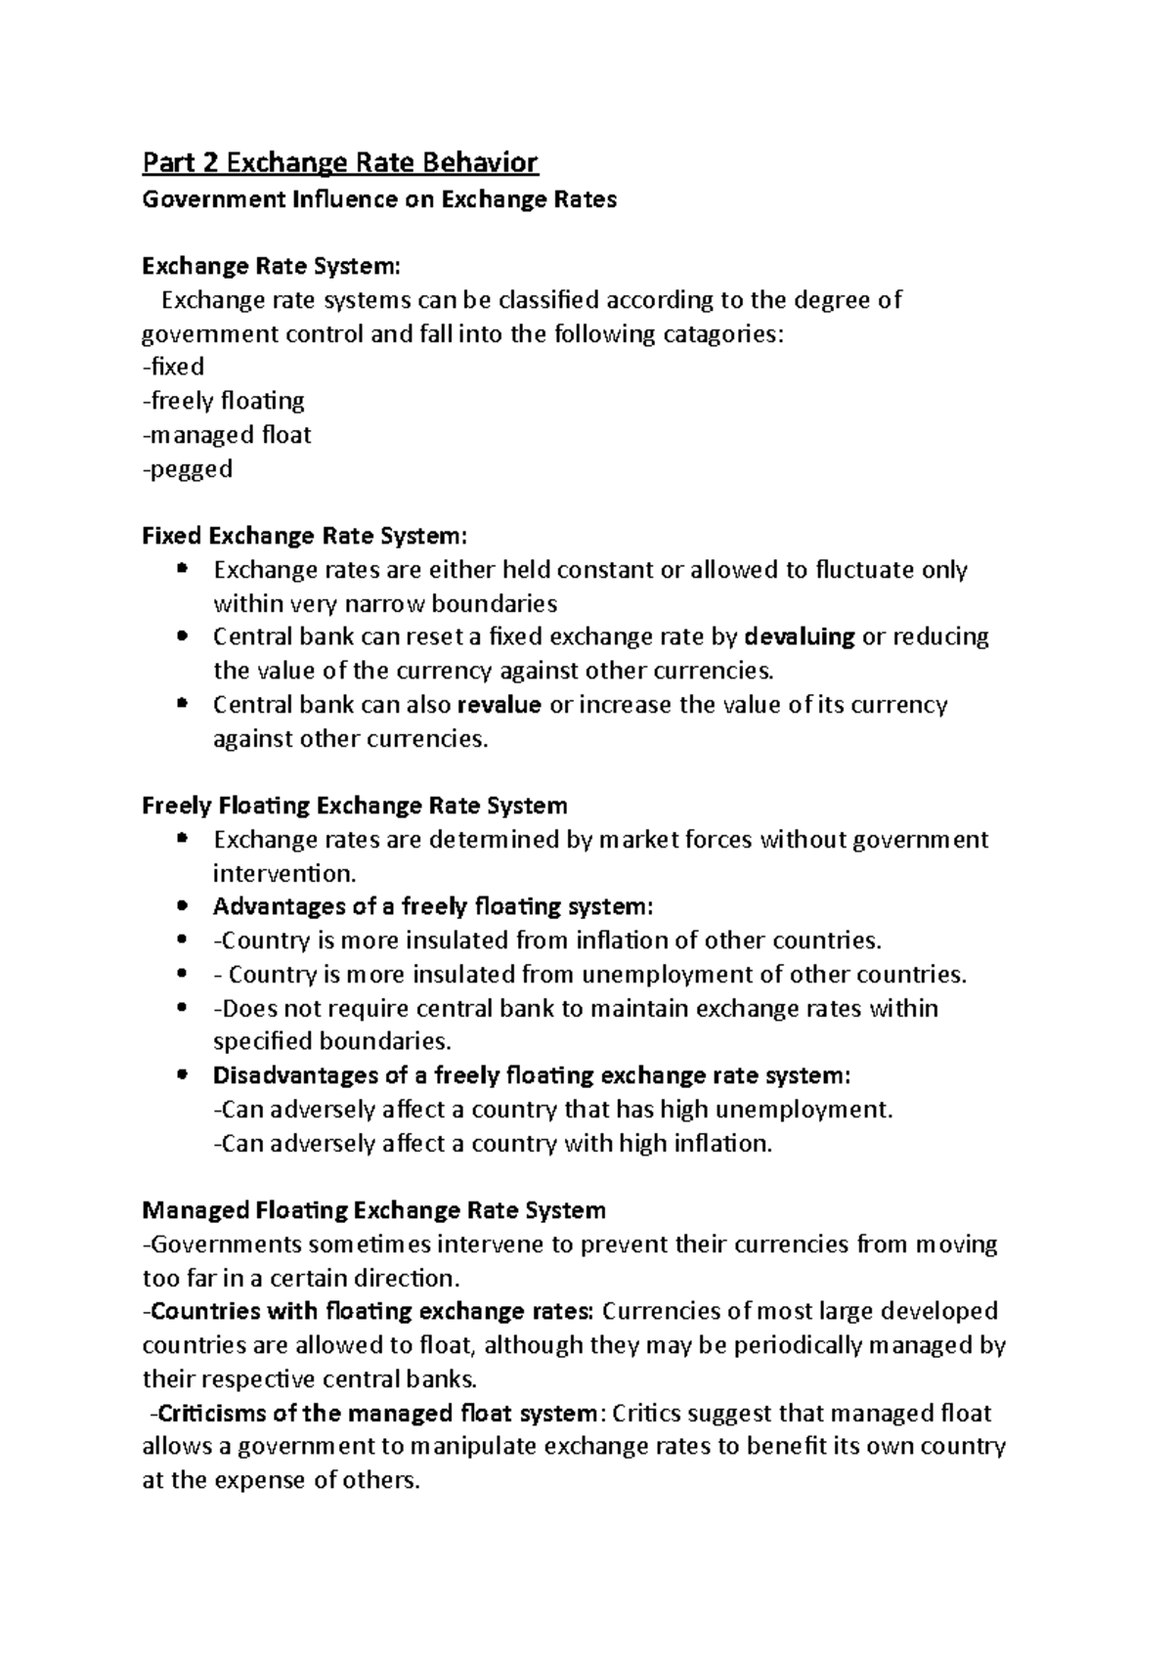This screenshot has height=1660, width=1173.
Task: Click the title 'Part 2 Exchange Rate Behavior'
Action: (340, 161)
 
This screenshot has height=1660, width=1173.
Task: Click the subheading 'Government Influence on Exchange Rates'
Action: (379, 200)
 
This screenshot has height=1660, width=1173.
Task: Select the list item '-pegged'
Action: (188, 469)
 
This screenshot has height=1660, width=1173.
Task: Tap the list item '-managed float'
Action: (227, 435)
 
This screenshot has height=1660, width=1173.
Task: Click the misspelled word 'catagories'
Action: (723, 334)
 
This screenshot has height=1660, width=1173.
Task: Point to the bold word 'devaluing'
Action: (800, 637)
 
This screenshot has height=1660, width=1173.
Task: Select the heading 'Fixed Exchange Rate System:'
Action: (305, 537)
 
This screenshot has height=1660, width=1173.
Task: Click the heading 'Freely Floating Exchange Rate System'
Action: (354, 807)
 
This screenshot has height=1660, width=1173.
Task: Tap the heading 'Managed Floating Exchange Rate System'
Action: (373, 1211)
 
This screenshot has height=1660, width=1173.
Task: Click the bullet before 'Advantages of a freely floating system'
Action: (182, 907)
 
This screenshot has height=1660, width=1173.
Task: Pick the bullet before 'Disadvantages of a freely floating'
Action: (182, 1076)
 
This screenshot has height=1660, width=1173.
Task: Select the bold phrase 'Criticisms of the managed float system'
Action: (376, 1414)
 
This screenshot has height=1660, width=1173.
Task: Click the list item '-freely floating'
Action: (224, 402)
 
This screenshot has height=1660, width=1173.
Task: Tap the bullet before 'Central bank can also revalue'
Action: (182, 705)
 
